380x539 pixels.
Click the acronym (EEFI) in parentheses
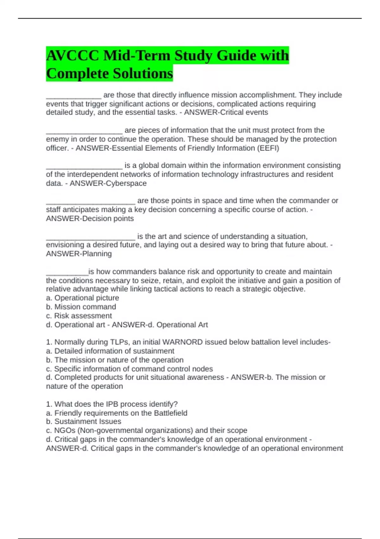(x=268, y=148)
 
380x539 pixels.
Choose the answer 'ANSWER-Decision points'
(x=90, y=218)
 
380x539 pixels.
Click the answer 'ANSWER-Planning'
(x=79, y=254)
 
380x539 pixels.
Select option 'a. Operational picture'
(x=83, y=298)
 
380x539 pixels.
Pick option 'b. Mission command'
(x=81, y=307)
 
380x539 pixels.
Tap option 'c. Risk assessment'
(x=79, y=316)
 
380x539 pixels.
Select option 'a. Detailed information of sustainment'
(x=110, y=351)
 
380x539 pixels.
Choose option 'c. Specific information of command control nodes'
(x=130, y=369)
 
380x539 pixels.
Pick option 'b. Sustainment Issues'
(x=84, y=421)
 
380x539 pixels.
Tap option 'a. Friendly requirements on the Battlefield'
(x=117, y=413)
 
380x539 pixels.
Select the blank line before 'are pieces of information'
(x=84, y=132)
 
